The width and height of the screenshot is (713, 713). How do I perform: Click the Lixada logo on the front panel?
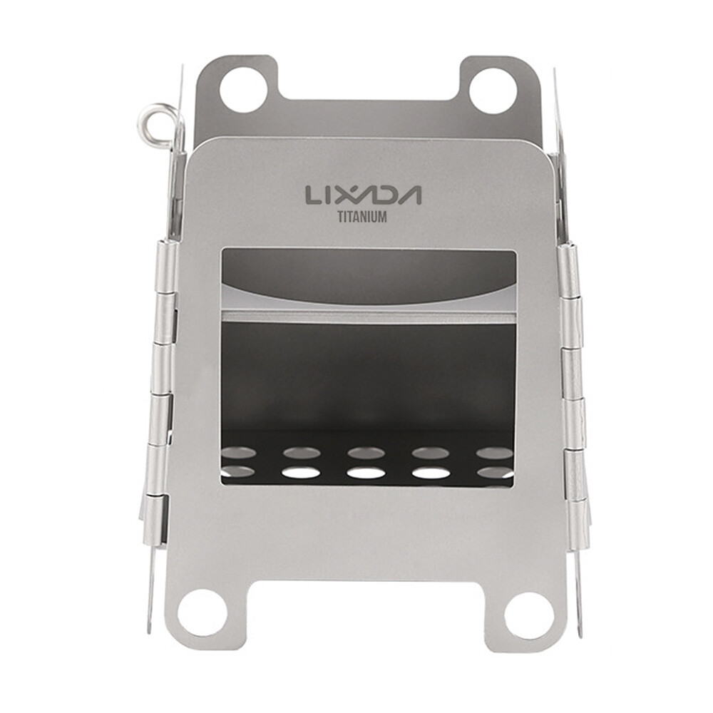[364, 195]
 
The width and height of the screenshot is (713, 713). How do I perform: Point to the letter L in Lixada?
[313, 195]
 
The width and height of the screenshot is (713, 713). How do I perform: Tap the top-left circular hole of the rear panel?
[244, 90]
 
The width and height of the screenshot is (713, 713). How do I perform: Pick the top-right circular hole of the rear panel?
[492, 90]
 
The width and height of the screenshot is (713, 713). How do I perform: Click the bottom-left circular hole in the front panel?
[202, 612]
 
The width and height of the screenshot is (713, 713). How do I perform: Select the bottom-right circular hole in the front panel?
[529, 615]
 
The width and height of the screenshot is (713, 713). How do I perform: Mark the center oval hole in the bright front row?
[366, 473]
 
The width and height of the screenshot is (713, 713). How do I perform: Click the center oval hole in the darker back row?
[366, 453]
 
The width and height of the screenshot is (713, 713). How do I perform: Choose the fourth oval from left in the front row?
[431, 473]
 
